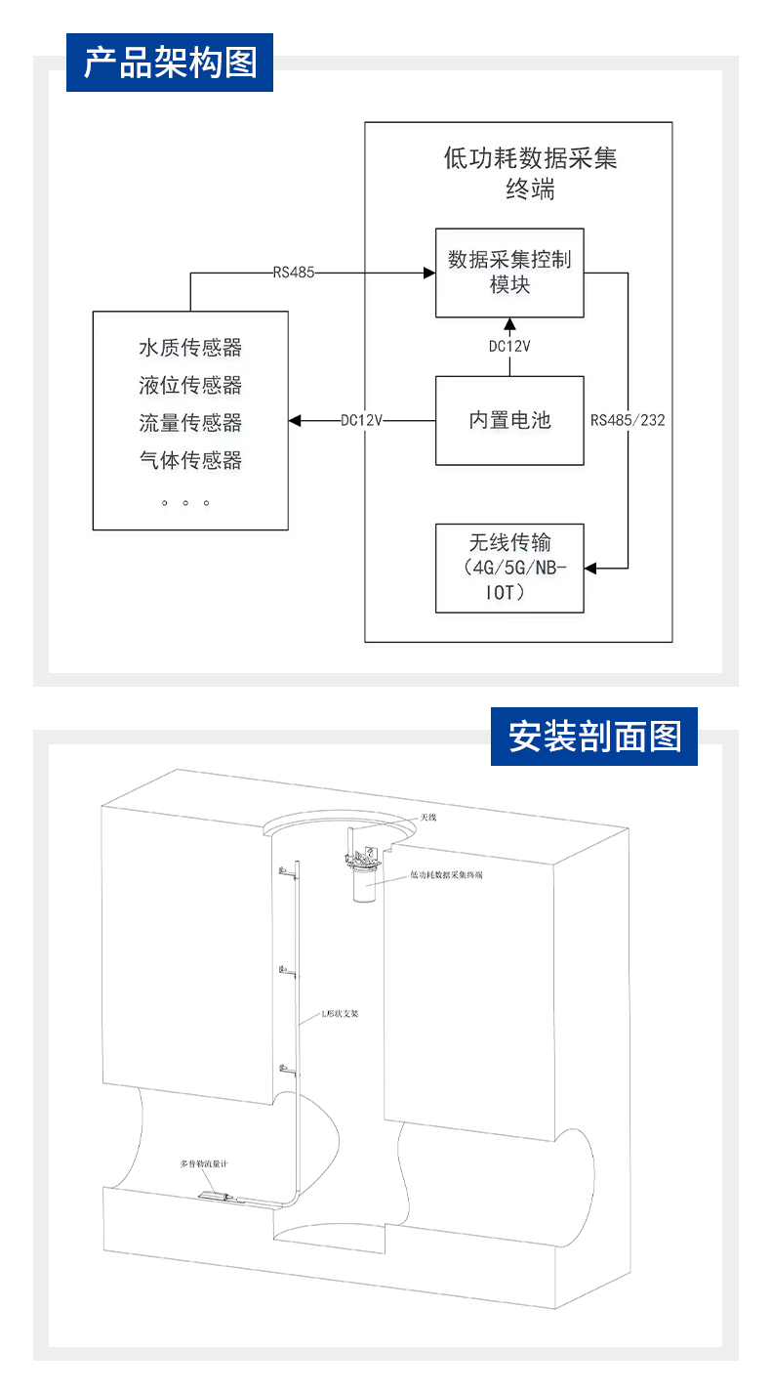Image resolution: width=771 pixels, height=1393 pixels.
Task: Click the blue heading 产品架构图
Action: (170, 63)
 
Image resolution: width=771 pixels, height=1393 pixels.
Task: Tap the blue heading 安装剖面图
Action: (594, 736)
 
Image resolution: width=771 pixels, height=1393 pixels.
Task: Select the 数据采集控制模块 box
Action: (508, 273)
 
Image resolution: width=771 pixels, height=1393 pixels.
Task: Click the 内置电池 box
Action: (508, 420)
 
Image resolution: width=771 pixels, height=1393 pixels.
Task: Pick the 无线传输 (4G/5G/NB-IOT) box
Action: (508, 568)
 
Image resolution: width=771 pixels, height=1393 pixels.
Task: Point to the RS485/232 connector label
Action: (628, 421)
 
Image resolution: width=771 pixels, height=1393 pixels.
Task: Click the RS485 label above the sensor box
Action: (294, 273)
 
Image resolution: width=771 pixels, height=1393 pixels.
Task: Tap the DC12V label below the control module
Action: (508, 346)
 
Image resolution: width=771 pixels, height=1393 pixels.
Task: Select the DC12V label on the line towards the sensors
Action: (361, 421)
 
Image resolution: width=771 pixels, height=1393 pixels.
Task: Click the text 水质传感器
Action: (190, 348)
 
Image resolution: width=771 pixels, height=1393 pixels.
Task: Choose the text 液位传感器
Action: (190, 385)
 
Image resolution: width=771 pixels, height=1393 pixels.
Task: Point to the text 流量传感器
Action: (190, 422)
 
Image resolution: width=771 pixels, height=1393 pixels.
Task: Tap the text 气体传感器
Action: (190, 459)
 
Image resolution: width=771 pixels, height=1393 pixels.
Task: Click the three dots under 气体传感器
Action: (185, 503)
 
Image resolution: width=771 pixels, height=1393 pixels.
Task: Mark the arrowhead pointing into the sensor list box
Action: (296, 421)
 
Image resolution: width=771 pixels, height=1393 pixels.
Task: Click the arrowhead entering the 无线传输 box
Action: (591, 568)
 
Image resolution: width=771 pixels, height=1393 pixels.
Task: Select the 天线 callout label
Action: (428, 817)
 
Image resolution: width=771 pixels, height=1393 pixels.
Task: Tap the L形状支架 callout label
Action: (341, 1014)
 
